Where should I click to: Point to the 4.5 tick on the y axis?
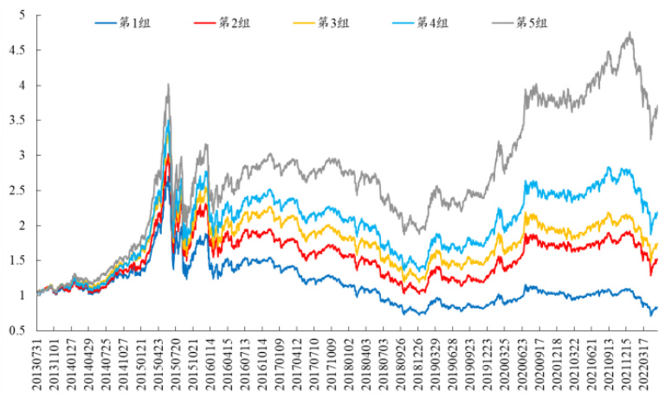(18, 50)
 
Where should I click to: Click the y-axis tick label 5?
(22, 16)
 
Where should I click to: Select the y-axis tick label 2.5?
(18, 190)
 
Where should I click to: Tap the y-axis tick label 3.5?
(18, 120)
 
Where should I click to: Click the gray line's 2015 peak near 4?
(168, 84)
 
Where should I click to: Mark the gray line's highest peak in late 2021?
(629, 33)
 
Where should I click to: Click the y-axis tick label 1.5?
(18, 260)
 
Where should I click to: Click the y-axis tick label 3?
(22, 156)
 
